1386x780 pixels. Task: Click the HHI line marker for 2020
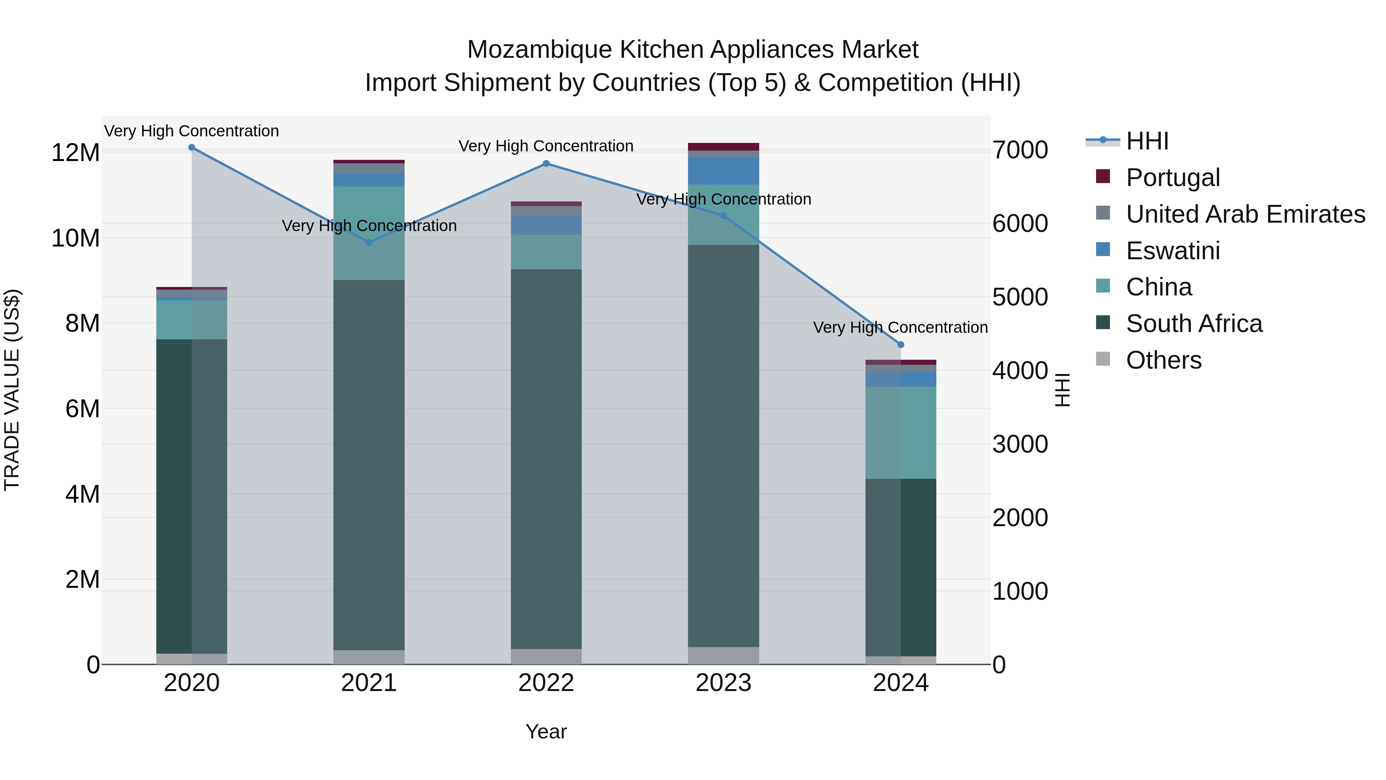(x=192, y=148)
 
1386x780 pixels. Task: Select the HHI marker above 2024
(x=901, y=344)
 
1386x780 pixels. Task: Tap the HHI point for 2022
(x=546, y=164)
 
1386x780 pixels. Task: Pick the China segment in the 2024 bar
(x=901, y=433)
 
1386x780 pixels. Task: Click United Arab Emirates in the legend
(x=1245, y=214)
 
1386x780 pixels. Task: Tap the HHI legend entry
(x=1147, y=141)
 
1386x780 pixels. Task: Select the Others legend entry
(x=1163, y=360)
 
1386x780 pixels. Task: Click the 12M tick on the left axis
(x=75, y=153)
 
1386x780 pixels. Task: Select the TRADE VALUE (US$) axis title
(x=12, y=390)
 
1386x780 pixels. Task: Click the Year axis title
(x=546, y=731)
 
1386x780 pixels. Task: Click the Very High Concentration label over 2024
(x=900, y=327)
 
